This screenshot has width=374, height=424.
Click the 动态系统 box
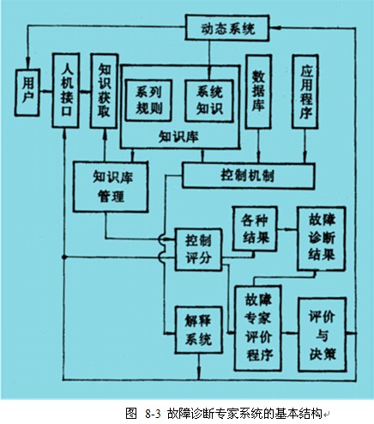pos(227,27)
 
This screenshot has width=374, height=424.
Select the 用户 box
pos(27,93)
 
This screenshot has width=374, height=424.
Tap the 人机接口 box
pos(66,90)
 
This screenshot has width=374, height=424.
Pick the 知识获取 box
pos(104,91)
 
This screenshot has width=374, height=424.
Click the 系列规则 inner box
pos(149,100)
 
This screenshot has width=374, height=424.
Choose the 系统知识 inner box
pos(209,100)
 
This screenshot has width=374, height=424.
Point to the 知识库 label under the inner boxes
pos(178,136)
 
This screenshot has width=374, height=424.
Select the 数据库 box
pos(258,92)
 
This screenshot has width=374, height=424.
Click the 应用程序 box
pos(305,92)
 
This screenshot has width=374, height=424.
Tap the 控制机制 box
pos(249,175)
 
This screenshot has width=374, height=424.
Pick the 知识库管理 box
pos(111,186)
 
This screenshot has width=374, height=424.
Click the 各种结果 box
pos(255,228)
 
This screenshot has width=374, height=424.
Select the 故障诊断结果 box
pos(322,239)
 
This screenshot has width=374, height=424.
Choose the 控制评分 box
pos(198,249)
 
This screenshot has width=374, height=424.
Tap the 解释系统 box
pos(198,330)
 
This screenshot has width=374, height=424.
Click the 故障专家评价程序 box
pos(257,328)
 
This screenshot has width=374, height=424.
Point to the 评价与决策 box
pos(323,335)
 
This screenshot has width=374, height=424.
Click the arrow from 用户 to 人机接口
pos(45,92)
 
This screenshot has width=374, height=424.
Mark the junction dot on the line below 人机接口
pos(64,257)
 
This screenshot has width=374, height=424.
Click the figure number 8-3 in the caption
pos(153,414)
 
